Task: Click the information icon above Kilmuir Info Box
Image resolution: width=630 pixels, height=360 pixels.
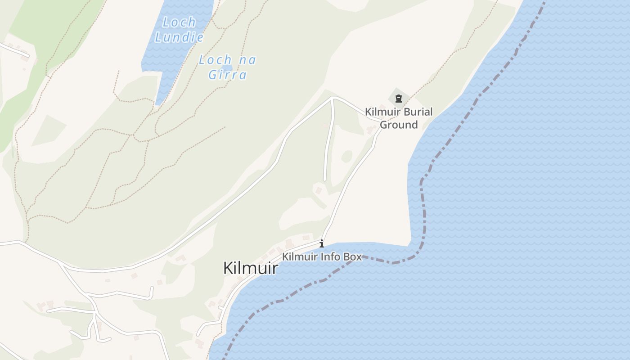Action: [322, 244]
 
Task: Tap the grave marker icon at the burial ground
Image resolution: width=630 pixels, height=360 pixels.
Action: [398, 99]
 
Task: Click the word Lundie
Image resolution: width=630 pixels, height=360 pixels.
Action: [179, 37]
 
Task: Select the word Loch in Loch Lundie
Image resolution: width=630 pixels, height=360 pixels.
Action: [179, 22]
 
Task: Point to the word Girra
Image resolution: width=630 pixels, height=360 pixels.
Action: [228, 75]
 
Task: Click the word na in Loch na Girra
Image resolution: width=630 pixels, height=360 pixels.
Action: [247, 59]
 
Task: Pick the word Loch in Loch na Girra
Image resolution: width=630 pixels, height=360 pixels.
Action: [215, 59]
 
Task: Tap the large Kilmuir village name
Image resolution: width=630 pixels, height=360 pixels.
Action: [251, 268]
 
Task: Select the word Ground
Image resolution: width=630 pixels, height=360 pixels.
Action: [399, 125]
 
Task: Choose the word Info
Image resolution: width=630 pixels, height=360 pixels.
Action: [329, 257]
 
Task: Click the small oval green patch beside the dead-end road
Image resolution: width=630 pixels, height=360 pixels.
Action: [346, 156]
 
